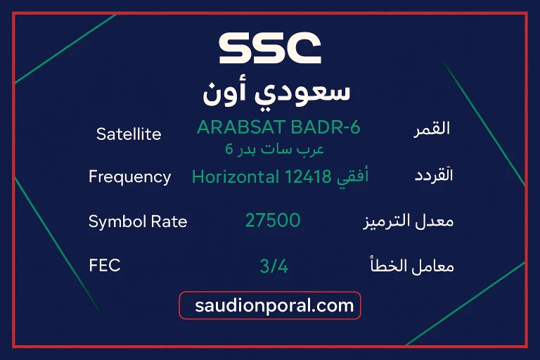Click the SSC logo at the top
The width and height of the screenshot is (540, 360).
coord(270,48)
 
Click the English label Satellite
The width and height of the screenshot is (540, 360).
coord(129,134)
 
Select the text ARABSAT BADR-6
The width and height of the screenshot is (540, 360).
coord(278,127)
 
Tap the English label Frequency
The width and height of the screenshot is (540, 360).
coord(130,176)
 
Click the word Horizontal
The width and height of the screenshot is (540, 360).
coord(236,176)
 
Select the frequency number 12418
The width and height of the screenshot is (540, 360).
coord(308,176)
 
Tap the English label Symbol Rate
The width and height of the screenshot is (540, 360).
coord(138,221)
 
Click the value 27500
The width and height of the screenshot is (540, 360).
coord(273,221)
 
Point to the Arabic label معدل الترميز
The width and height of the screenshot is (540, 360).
coord(408,221)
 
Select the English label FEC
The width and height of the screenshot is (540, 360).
coord(105,266)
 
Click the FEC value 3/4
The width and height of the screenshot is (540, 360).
coord(274,266)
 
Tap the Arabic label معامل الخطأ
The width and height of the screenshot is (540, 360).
coord(411,266)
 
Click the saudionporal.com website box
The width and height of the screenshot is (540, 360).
coord(270,306)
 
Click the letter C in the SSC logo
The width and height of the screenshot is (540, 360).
coord(304,48)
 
